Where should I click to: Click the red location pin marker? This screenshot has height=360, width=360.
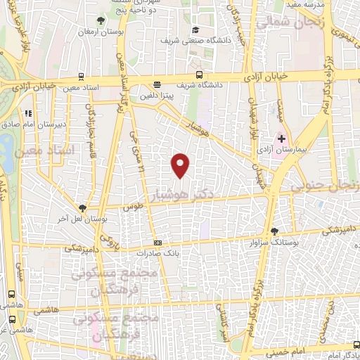(x=181, y=165)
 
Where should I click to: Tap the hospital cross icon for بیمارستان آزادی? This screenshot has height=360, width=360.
(x=282, y=139)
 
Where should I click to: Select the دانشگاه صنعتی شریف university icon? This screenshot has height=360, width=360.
(x=195, y=30)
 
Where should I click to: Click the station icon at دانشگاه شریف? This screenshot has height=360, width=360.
(x=200, y=74)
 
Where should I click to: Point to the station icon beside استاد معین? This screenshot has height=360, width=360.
(x=82, y=77)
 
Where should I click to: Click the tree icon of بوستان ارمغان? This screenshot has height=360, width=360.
(x=103, y=20)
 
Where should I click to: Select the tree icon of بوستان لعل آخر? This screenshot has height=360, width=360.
(x=83, y=207)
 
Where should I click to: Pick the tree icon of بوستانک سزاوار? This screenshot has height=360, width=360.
(x=274, y=231)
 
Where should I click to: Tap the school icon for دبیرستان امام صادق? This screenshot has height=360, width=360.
(x=28, y=113)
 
